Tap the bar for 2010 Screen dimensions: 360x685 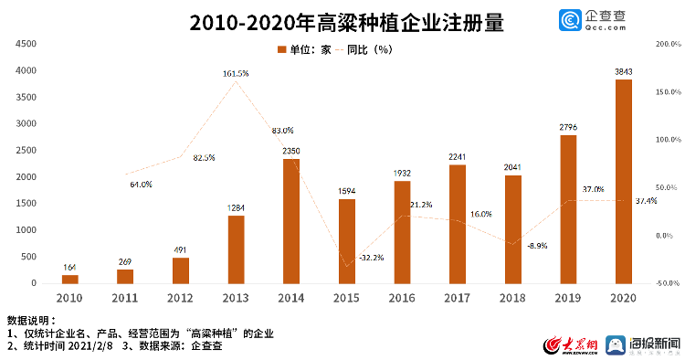[x=69, y=279]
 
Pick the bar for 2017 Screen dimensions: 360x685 [x=457, y=224]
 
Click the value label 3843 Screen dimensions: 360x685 [x=623, y=71]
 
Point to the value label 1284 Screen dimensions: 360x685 [x=236, y=207]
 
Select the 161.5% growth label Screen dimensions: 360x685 [x=236, y=73]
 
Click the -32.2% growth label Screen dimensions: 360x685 [x=371, y=258]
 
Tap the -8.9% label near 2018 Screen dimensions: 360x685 [x=537, y=246]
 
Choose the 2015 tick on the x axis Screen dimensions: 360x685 [x=346, y=298]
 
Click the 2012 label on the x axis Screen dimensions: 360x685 [x=180, y=298]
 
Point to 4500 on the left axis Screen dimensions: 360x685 [x=26, y=44]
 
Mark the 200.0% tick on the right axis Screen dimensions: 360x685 [x=669, y=44]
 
